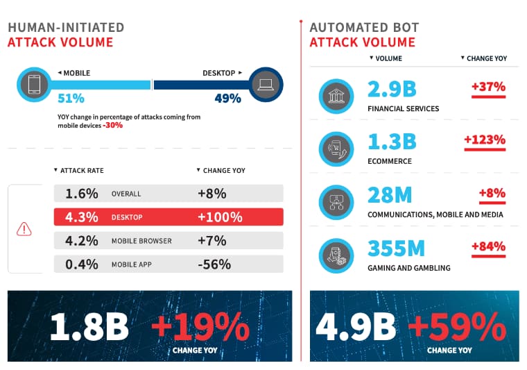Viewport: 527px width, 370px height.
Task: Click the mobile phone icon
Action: [x=34, y=85]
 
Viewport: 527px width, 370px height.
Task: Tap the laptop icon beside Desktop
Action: [x=266, y=85]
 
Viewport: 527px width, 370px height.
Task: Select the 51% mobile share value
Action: [x=71, y=99]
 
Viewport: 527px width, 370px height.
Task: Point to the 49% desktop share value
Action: [x=228, y=99]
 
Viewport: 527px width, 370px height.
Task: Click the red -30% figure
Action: [x=112, y=126]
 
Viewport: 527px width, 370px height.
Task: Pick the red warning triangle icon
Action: [x=24, y=229]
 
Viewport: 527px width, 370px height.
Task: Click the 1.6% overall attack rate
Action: [x=82, y=194]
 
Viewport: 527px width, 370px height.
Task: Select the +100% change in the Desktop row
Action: [x=220, y=217]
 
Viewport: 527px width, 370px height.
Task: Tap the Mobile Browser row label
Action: [x=141, y=241]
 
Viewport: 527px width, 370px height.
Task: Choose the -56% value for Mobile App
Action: [x=214, y=264]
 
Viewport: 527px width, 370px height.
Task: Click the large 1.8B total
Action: [x=89, y=326]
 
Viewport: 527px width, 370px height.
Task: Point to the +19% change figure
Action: [x=200, y=326]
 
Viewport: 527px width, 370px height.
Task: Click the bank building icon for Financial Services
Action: [x=336, y=96]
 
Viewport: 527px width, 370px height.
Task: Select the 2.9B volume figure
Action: [x=392, y=89]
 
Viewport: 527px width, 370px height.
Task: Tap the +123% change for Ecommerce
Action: [x=485, y=140]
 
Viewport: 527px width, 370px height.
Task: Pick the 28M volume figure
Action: [x=390, y=195]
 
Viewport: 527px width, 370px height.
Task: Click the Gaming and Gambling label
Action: [x=409, y=268]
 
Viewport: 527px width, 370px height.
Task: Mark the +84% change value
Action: [x=488, y=246]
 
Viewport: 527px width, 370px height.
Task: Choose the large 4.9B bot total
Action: [x=356, y=326]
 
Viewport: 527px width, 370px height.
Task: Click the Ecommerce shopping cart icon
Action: [x=336, y=149]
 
